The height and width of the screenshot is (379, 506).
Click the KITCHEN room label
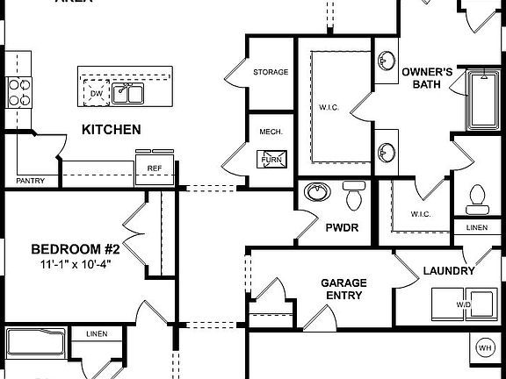(111, 130)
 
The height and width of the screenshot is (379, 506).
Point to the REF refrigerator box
(155, 168)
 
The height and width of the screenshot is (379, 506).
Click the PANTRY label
(30, 181)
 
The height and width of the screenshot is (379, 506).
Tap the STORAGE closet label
(271, 72)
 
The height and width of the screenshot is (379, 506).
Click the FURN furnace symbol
(271, 160)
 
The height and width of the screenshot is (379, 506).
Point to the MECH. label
(270, 132)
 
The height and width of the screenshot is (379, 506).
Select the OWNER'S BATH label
(427, 77)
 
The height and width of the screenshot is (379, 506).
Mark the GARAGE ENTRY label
(343, 289)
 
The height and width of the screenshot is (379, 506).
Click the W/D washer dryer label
(463, 304)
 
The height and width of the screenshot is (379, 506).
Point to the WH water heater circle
(485, 348)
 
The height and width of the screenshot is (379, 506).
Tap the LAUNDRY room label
(449, 272)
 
